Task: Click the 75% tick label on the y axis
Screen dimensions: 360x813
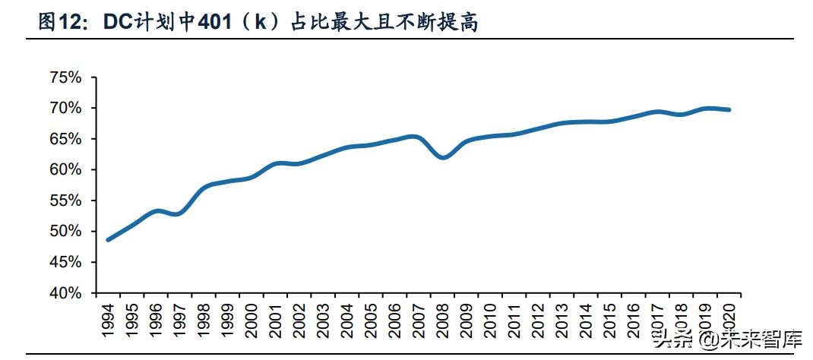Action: pyautogui.click(x=65, y=77)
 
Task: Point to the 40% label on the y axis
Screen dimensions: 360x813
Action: pyautogui.click(x=65, y=292)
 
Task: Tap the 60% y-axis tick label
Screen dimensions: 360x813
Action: pyautogui.click(x=65, y=169)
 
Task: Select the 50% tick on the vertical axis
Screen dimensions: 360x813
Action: pyautogui.click(x=65, y=231)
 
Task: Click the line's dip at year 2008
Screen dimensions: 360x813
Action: pyautogui.click(x=444, y=157)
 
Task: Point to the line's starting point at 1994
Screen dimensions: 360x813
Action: pyautogui.click(x=108, y=239)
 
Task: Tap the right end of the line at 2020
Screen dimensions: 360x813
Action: pyautogui.click(x=729, y=110)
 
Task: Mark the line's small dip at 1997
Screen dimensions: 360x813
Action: pyautogui.click(x=177, y=214)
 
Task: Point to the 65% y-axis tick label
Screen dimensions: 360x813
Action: pyautogui.click(x=65, y=139)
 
